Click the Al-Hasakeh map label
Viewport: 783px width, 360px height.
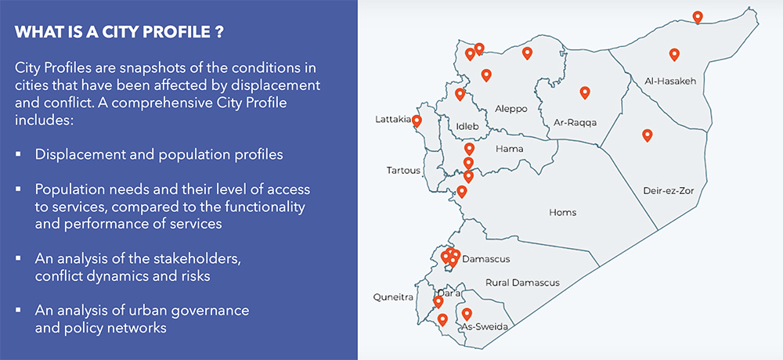[x=670, y=81]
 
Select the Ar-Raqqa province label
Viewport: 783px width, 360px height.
[x=575, y=123]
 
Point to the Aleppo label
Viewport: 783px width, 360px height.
[x=511, y=109]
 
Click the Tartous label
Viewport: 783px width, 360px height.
[x=404, y=171]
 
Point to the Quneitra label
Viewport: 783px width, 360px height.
[x=394, y=297]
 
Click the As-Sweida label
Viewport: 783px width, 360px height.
[x=481, y=326]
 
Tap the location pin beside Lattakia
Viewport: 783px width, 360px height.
[x=417, y=121]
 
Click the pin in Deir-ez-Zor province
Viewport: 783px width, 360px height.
[x=647, y=135]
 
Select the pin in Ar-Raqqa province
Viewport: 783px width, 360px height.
[x=584, y=92]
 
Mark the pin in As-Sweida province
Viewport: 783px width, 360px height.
[x=467, y=314]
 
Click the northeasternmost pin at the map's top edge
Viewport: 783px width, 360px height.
[x=698, y=16]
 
